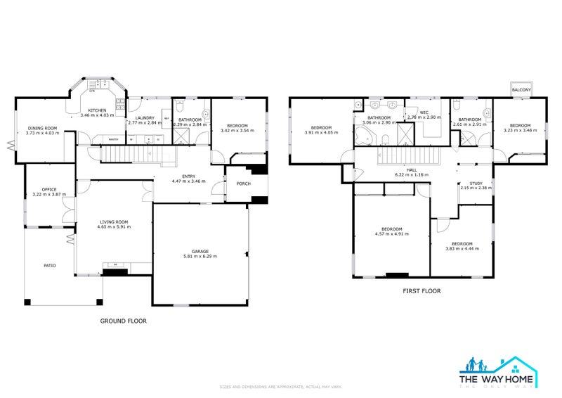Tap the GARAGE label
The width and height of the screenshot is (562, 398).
pyautogui.click(x=200, y=251)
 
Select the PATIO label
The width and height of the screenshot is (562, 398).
pyautogui.click(x=49, y=265)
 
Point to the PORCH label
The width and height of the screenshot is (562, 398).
pyautogui.click(x=244, y=184)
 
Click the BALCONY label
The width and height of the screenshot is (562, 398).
pyautogui.click(x=521, y=90)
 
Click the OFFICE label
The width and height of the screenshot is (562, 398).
pyautogui.click(x=48, y=189)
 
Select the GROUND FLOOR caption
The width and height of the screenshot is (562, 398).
pyautogui.click(x=123, y=321)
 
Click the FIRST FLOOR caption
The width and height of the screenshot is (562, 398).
pyautogui.click(x=421, y=290)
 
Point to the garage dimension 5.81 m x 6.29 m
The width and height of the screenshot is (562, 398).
pyautogui.click(x=200, y=257)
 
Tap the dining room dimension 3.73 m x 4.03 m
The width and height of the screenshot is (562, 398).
pyautogui.click(x=41, y=133)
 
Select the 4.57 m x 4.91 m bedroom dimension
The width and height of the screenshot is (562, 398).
pyautogui.click(x=391, y=233)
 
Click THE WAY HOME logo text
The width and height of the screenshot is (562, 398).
pyautogui.click(x=499, y=380)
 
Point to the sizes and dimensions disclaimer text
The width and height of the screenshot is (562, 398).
pyautogui.click(x=280, y=387)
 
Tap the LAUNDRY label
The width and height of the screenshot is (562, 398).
pyautogui.click(x=145, y=118)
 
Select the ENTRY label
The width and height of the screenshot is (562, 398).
pyautogui.click(x=189, y=176)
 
